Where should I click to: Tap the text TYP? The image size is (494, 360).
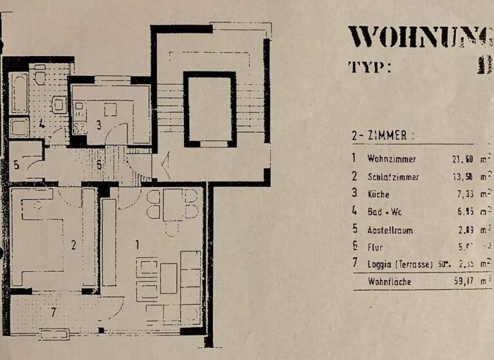(370, 67)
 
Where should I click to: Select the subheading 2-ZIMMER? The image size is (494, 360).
(379, 136)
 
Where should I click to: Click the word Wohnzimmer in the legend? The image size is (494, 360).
(391, 158)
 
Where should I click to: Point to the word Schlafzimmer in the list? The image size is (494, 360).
(394, 176)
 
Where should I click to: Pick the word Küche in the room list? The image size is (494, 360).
(379, 194)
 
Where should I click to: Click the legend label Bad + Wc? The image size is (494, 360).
(384, 212)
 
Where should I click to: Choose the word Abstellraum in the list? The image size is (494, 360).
(390, 230)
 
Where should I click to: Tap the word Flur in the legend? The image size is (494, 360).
(374, 247)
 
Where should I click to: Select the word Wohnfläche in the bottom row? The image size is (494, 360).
(389, 282)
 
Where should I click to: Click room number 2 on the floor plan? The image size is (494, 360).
(73, 245)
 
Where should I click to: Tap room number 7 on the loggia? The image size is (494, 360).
(54, 314)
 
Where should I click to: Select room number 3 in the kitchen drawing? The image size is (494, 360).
(99, 125)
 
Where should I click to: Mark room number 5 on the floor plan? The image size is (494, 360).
(16, 165)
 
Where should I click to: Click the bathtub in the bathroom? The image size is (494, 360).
(19, 93)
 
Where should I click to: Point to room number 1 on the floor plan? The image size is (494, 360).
(136, 244)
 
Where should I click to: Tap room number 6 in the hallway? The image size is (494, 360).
(98, 165)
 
